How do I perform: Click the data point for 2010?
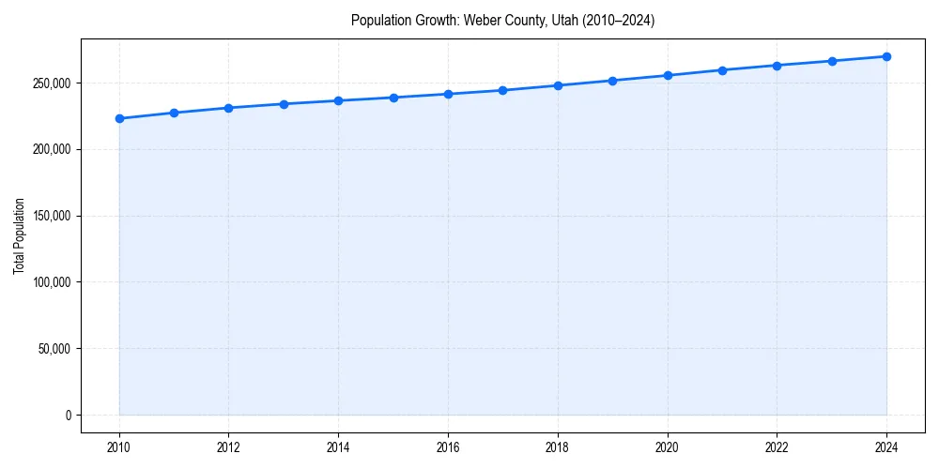(119, 118)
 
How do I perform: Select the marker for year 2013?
(284, 104)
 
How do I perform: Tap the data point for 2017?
(503, 90)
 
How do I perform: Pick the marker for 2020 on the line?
(668, 75)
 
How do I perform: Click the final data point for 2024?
(886, 56)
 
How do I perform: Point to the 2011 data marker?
(174, 113)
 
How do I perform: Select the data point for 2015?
(393, 98)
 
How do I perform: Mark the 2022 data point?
(777, 66)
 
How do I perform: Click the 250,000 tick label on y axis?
(53, 83)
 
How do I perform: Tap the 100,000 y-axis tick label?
(53, 282)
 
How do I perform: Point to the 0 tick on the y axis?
(68, 416)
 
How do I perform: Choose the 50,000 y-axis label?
(55, 349)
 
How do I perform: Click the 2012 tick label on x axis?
(228, 446)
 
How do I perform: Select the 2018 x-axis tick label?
(558, 446)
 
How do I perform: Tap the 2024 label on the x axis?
(886, 446)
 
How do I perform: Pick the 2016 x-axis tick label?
(448, 446)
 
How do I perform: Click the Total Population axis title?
(19, 235)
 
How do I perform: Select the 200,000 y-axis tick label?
(53, 150)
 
